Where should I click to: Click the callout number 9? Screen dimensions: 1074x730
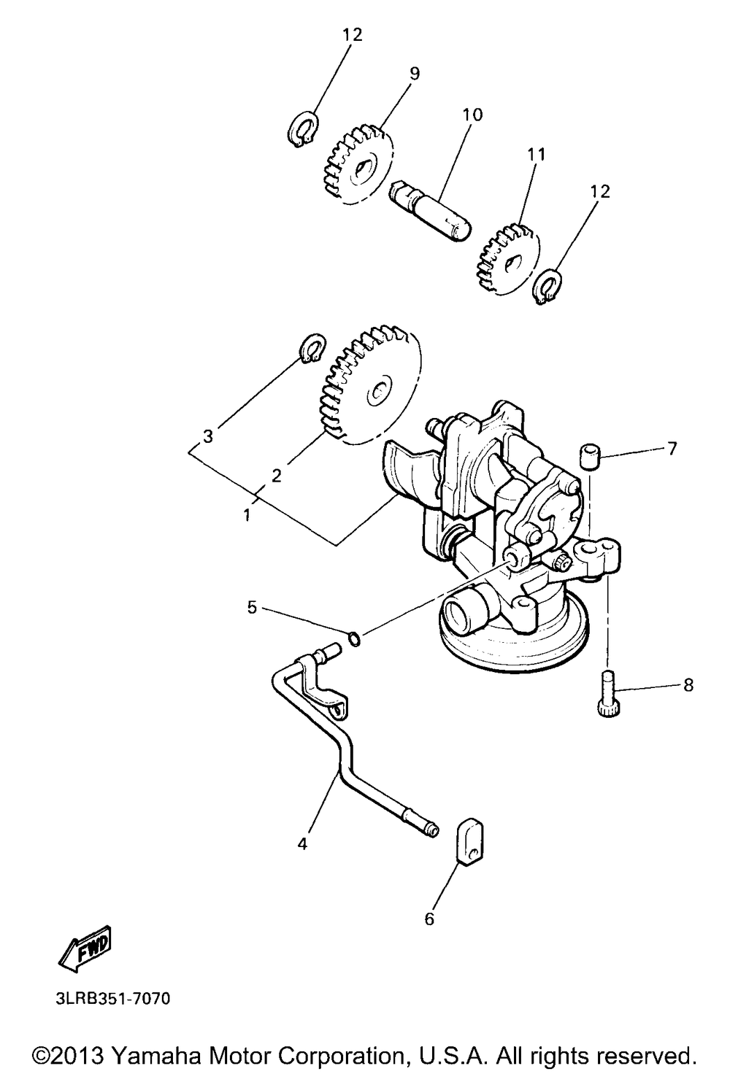415,73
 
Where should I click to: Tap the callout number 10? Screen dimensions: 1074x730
472,115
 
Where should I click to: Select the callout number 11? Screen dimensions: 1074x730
537,155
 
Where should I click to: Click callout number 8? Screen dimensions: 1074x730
688,685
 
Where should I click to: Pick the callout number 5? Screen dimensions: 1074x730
252,606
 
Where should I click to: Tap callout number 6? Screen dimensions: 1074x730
429,919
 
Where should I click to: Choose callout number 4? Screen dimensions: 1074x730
302,844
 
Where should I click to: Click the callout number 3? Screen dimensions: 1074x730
208,436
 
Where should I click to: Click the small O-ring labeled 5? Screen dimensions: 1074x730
354,640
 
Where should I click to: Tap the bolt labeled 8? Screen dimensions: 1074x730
607,694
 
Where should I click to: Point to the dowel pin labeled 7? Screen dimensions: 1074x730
589,457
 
